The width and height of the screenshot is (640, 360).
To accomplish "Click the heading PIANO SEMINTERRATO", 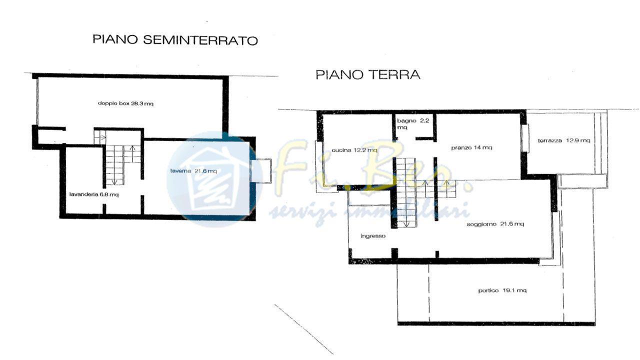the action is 175,40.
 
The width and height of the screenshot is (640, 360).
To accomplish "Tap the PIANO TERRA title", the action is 368,74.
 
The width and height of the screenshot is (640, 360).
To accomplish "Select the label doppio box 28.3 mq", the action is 125,103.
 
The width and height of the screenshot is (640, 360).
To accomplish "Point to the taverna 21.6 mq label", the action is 193,171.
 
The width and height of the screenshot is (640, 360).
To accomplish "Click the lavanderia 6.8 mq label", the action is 94,194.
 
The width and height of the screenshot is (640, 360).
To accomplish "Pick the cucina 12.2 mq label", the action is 354,150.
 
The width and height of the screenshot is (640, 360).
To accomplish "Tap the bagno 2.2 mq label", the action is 413,123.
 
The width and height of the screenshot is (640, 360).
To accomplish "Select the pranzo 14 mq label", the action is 471,147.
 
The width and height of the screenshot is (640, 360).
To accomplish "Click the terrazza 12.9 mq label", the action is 563,140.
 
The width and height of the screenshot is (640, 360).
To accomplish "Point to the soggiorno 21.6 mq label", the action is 495,224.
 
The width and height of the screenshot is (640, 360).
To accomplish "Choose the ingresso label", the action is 373,236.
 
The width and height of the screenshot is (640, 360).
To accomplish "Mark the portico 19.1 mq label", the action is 502,290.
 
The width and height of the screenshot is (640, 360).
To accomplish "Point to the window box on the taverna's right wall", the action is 260,170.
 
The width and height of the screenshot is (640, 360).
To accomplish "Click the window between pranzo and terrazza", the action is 525,138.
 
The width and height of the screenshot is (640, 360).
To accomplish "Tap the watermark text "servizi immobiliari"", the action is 368,213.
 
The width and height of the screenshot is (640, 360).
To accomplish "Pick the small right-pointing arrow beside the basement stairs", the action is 103,137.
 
